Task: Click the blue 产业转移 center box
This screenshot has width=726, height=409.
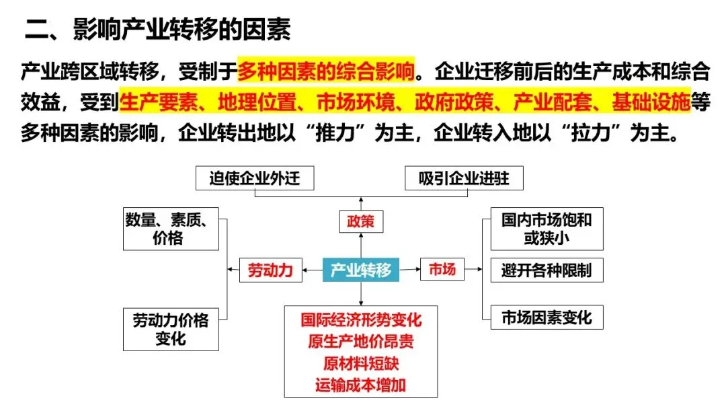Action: point(361,270)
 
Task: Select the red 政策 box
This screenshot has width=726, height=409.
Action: point(360,220)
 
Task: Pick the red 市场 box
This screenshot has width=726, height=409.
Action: point(442,270)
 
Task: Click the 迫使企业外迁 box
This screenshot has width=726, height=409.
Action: point(254,178)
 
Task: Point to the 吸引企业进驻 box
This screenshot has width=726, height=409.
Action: point(464,178)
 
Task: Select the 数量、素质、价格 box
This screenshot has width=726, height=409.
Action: point(171,229)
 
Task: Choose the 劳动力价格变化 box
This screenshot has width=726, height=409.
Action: point(171,329)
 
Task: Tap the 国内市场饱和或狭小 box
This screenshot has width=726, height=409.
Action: point(547,229)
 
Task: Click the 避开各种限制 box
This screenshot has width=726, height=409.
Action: point(547,270)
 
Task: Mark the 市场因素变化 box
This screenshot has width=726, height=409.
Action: point(547,318)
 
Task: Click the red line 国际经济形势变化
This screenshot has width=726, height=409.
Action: point(361,320)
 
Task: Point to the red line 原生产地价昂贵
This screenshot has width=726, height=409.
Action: point(361,341)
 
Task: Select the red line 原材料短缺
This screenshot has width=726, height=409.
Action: point(361,363)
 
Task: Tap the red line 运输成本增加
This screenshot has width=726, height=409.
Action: point(361,385)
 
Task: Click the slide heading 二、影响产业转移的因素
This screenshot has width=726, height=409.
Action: point(158,31)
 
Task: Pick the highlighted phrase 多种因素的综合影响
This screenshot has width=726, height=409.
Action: point(326,69)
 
